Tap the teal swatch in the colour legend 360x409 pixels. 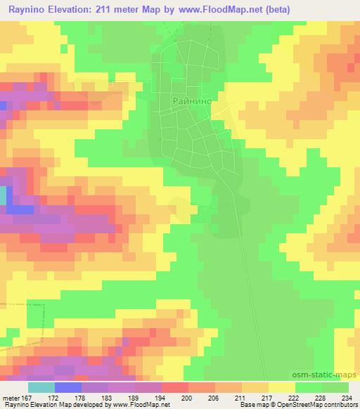point(41,387)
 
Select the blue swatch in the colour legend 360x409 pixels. point(68,387)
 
